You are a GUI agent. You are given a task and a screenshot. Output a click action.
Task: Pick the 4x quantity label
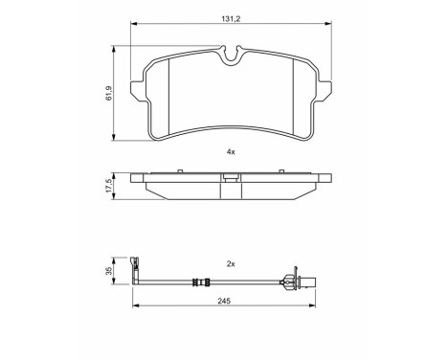pos(231,152)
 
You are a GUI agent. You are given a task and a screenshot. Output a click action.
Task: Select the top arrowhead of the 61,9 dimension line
pos(119,46)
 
